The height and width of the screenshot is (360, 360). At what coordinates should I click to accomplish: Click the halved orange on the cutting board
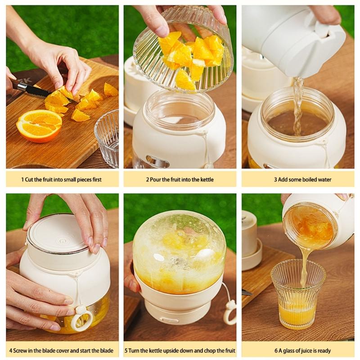click(39, 125)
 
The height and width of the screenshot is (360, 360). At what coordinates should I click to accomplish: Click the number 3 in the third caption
click(275, 180)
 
